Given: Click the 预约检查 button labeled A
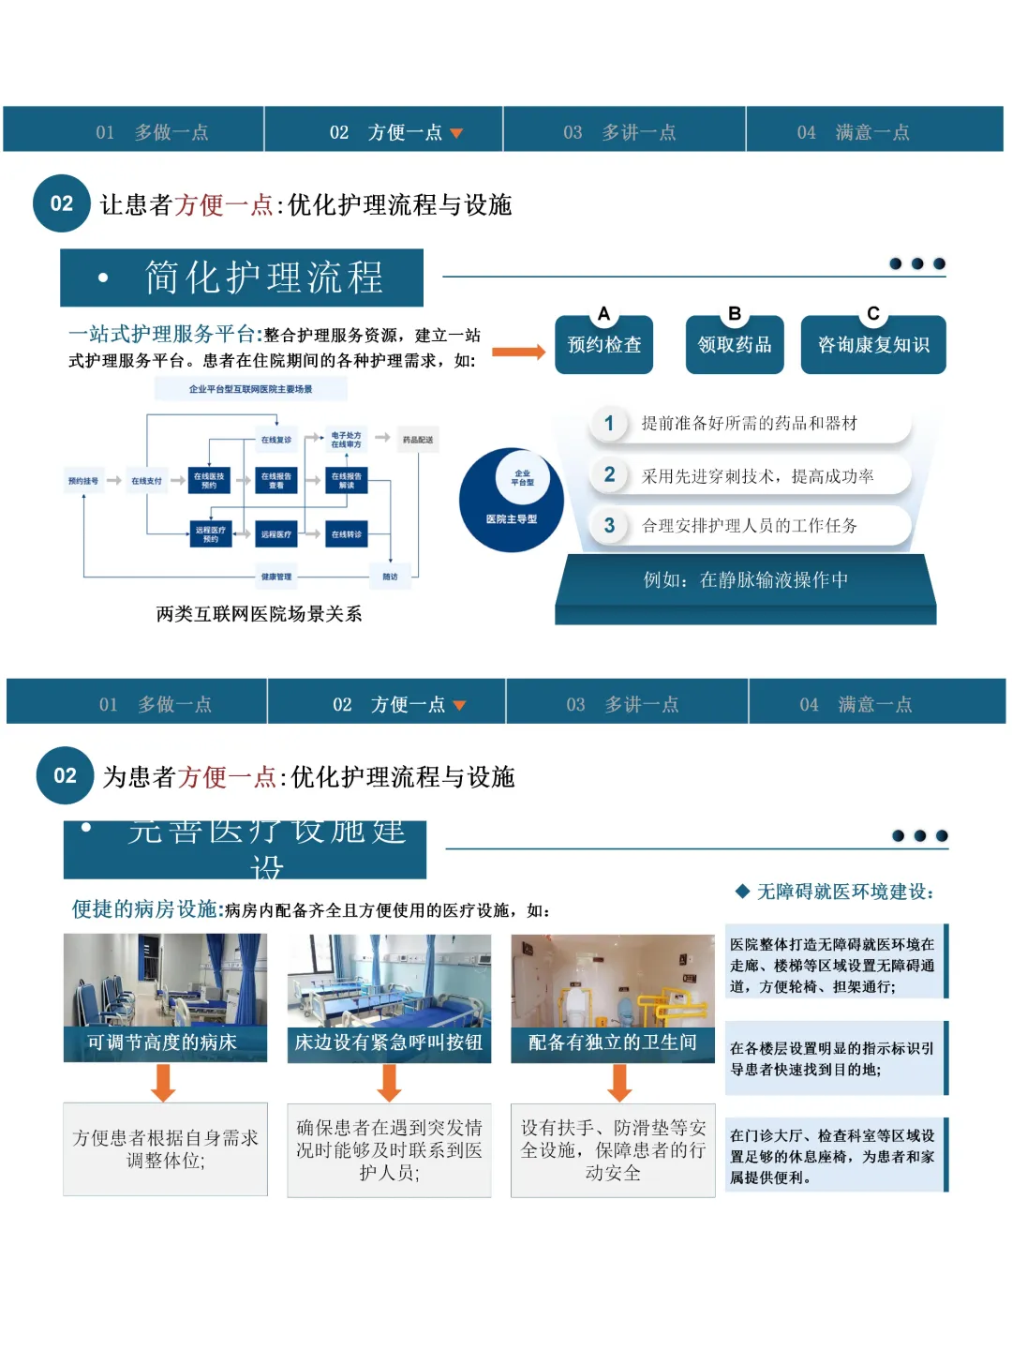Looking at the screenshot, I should [x=603, y=345].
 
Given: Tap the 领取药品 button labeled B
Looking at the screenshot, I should [x=735, y=345].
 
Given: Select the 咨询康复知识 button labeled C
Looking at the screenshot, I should [x=873, y=345].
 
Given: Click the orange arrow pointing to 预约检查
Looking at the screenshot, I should [x=518, y=352].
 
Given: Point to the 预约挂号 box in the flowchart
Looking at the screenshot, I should [x=83, y=481].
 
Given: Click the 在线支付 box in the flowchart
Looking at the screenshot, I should [x=146, y=481].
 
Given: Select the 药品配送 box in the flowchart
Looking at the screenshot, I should [x=418, y=440].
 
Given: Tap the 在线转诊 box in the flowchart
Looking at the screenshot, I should [x=347, y=534].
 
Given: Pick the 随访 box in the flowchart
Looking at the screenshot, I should [x=390, y=577].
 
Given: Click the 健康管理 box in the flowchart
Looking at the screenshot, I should [x=276, y=577].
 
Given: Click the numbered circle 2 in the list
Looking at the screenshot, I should [x=609, y=474].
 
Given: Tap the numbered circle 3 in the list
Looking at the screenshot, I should [x=609, y=525].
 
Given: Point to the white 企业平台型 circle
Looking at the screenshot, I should [x=522, y=477].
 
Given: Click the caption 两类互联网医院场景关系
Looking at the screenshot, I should [x=259, y=614].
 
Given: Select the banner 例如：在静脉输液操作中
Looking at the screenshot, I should [x=746, y=580].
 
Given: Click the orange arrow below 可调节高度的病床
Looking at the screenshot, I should [x=164, y=1083].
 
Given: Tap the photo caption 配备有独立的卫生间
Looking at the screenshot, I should [x=613, y=1042].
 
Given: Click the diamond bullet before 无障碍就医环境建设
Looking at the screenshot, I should [x=742, y=891].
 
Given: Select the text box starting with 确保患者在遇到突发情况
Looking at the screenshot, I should [x=389, y=1149].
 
